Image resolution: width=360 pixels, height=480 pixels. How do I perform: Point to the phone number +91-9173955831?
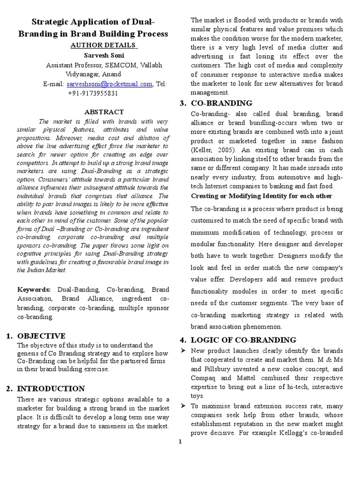pyautogui.click(x=93, y=93)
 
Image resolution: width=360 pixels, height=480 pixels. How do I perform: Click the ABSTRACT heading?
pyautogui.click(x=104, y=112)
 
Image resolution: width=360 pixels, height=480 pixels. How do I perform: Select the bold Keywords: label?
pyautogui.click(x=37, y=290)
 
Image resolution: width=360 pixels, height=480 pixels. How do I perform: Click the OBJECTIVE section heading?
pyautogui.click(x=41, y=336)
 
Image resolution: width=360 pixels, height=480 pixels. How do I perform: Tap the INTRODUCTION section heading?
pyautogui.click(x=51, y=388)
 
